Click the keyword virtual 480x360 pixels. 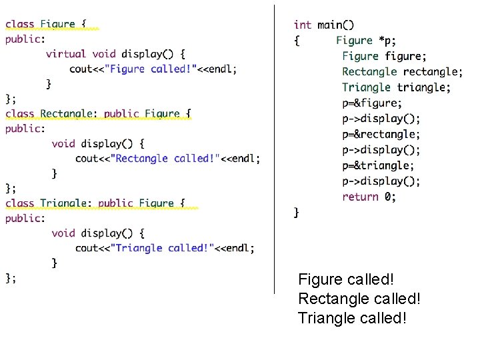click(66, 54)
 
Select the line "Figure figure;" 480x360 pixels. click(385, 56)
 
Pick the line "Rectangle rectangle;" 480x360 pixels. click(402, 72)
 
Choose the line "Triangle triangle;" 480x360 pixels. click(396, 87)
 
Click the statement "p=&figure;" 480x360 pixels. click(372, 103)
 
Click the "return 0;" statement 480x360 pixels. click(369, 197)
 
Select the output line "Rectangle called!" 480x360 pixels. click(359, 299)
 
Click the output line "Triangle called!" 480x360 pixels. click(352, 317)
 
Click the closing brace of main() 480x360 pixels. click(297, 213)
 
